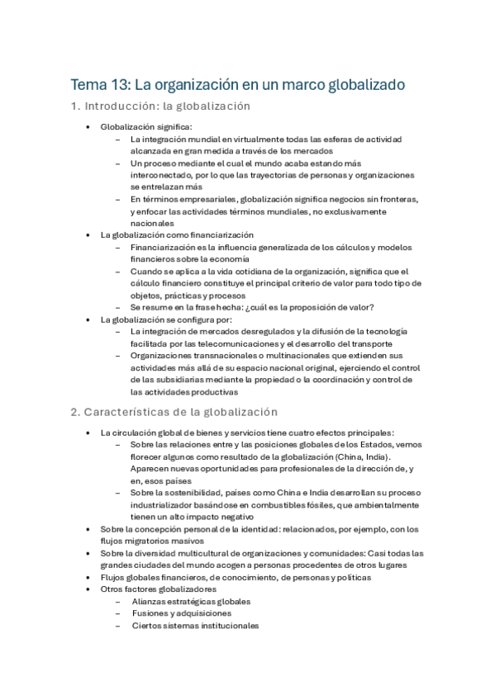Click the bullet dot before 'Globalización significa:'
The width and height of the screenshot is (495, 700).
pos(88,127)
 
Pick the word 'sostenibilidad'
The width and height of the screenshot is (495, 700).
pos(183,492)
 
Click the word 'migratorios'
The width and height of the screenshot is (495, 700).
pos(139,541)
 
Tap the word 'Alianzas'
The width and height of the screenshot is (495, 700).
pos(150,602)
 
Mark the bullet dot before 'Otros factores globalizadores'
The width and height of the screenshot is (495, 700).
pos(88,589)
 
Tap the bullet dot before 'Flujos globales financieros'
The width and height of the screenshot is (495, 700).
pos(88,577)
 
